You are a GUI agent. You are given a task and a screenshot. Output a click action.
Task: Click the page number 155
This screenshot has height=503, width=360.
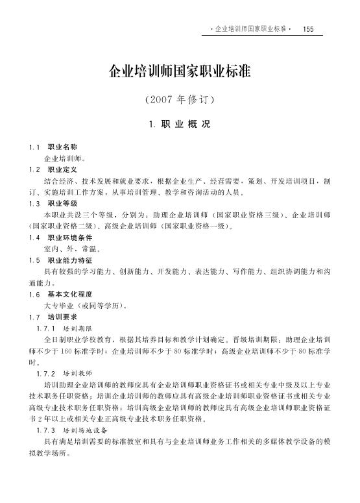(x=308, y=29)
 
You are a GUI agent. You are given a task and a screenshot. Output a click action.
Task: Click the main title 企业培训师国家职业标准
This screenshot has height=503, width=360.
(x=180, y=70)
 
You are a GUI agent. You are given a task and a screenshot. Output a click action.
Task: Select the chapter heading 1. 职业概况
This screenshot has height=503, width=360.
(x=179, y=124)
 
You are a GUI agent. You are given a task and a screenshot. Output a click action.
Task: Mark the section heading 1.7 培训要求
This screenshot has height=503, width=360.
(x=58, y=316)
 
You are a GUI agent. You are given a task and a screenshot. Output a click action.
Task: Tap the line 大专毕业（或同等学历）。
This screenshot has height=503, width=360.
(x=85, y=305)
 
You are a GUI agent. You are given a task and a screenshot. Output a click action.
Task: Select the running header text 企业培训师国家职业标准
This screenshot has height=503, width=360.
(x=250, y=29)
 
